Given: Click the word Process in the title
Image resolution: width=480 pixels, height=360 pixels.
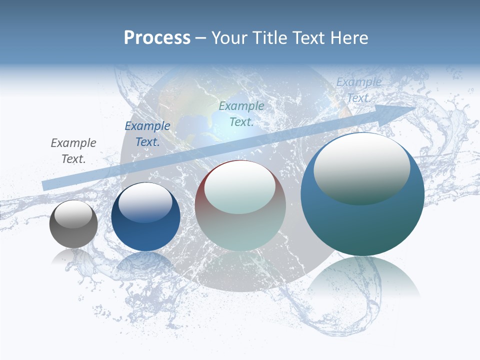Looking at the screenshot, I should click(x=157, y=38).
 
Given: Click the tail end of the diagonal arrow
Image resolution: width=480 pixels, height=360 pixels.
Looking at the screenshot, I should click(x=46, y=185).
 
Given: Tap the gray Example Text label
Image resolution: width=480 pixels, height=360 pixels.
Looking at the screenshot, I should click(x=73, y=151).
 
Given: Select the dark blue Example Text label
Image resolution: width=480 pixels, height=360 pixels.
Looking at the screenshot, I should click(x=147, y=134).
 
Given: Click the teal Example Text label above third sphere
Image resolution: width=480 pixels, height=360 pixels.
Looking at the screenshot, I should click(x=241, y=113).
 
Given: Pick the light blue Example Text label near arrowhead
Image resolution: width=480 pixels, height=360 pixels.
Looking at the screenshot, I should click(x=359, y=90).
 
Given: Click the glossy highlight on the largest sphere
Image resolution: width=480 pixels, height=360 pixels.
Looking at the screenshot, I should click(x=361, y=167).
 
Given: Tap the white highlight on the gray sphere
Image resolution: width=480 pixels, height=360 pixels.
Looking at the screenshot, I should click(x=73, y=213).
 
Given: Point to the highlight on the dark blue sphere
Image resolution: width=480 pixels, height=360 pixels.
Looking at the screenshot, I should click(x=145, y=201).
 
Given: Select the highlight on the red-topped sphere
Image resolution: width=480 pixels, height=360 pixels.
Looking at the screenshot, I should click(x=240, y=186).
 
